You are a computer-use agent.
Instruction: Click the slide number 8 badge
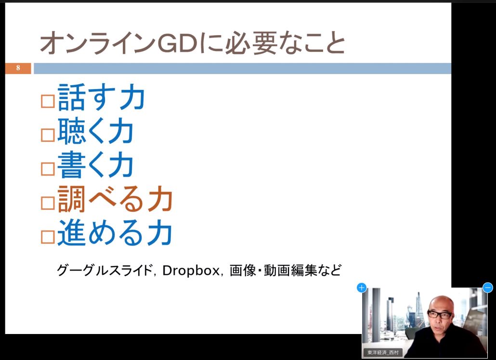pos(18,68)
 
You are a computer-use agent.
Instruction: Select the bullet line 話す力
pos(101,98)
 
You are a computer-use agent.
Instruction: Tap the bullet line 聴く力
pos(95,131)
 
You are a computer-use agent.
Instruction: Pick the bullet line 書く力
pos(95,165)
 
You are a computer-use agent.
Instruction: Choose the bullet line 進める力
pos(115,232)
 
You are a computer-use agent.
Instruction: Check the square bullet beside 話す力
pos(48,102)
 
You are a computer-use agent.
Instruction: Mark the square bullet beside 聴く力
pos(48,135)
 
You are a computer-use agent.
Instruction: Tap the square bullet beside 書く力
pos(48,169)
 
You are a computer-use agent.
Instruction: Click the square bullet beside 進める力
pos(48,236)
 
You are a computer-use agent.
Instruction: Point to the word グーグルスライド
pos(104,270)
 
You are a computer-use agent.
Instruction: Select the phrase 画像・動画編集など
pos(285,270)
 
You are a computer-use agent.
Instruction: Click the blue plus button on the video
pos(362,288)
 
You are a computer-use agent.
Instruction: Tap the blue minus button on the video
pos(488,288)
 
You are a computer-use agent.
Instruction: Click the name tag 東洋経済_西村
pos(383,352)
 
